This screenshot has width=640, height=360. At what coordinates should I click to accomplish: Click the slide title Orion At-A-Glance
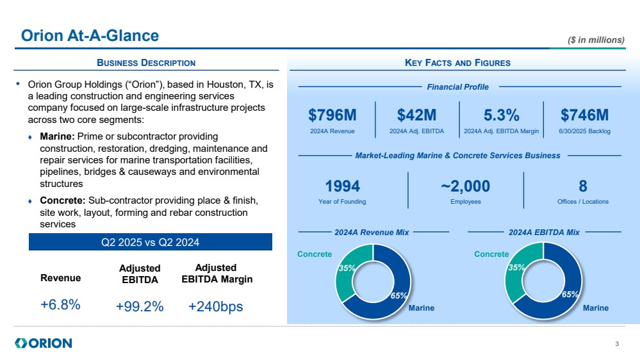point(90,36)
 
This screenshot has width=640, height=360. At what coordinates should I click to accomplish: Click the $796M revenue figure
point(332,115)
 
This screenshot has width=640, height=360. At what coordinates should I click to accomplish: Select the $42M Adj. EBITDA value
point(416,115)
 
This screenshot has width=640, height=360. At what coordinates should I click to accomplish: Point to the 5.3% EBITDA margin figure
point(501,115)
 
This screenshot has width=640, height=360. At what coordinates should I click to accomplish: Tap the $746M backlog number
point(584,115)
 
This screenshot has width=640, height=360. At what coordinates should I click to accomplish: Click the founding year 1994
point(343,186)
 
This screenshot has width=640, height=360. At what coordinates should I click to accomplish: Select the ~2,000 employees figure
point(465,186)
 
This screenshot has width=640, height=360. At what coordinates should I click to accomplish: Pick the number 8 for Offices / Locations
point(582,186)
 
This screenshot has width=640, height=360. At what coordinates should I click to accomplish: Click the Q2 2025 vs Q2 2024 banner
point(151,242)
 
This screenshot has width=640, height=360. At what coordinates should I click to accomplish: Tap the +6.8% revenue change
point(60,305)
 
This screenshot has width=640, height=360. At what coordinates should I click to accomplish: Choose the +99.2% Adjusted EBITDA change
point(140,307)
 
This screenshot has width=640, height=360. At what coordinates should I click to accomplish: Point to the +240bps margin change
point(216,307)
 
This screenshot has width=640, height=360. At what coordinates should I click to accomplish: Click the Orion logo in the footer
point(44,343)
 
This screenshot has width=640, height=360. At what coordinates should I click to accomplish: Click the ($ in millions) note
point(596,40)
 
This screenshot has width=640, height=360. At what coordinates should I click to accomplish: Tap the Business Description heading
point(146,63)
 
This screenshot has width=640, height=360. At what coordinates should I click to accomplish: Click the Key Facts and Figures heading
point(457,63)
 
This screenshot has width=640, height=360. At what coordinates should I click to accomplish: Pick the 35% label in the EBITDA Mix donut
point(516,268)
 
